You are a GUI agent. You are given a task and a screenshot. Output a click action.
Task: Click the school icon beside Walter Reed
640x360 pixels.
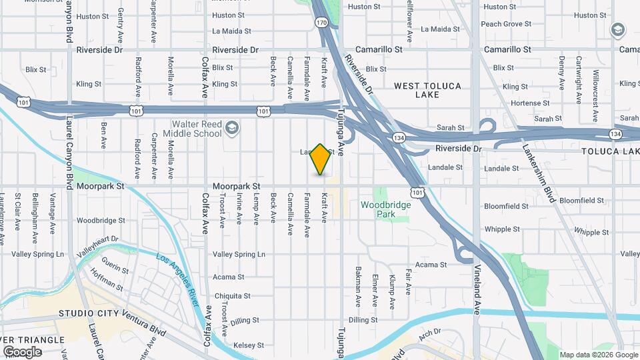click(231, 128)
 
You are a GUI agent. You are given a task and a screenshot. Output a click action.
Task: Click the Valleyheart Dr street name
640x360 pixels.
click(97, 245)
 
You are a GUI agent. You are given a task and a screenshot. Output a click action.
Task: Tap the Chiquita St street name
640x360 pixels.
click(231, 296)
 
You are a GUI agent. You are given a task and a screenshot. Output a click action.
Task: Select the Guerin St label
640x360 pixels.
click(115, 268)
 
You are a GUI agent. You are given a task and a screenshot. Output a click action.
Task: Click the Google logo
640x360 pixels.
click(22, 351)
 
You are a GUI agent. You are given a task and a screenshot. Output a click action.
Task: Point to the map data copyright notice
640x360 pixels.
click(598, 355)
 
